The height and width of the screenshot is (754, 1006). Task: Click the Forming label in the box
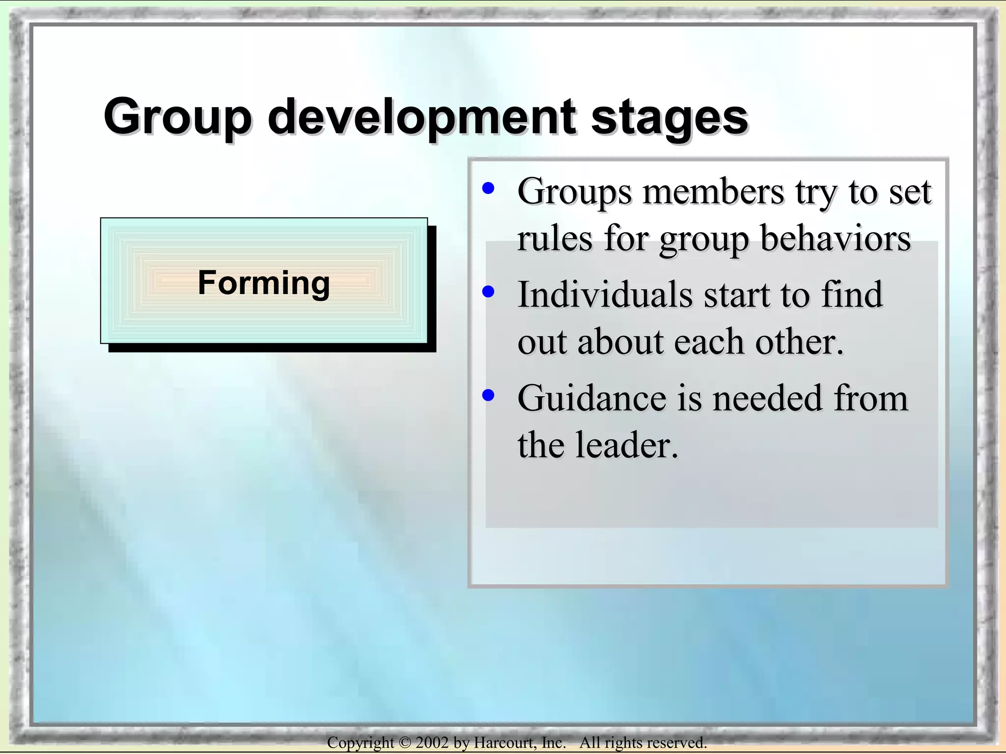pyautogui.click(x=264, y=283)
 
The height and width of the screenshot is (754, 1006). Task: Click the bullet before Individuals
pyautogui.click(x=488, y=292)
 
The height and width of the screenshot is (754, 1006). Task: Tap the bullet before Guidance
pyautogui.click(x=488, y=395)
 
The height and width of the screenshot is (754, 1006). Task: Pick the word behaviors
pyautogui.click(x=835, y=239)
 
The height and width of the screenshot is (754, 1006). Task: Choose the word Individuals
pyautogui.click(x=605, y=295)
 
